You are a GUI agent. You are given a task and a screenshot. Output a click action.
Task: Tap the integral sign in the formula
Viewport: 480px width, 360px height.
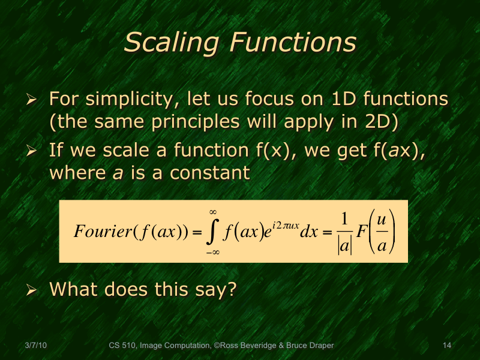click(212, 232)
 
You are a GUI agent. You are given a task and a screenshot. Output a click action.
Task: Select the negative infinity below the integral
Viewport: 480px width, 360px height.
click(212, 253)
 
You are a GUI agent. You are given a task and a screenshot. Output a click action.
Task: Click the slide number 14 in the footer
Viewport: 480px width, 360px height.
click(446, 346)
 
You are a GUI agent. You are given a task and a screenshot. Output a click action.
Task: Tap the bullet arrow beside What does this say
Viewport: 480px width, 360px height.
click(33, 289)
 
